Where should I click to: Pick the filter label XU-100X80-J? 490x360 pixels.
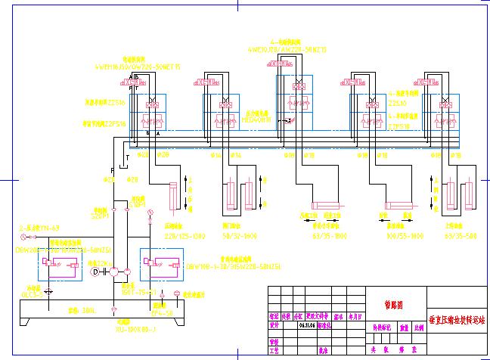(x=113, y=329)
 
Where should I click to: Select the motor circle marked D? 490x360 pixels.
(x=95, y=269)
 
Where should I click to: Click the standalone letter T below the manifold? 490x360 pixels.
(x=127, y=156)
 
